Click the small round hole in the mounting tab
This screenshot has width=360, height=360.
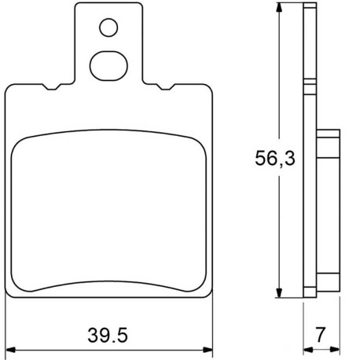[x=108, y=29]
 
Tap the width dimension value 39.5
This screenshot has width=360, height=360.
[x=108, y=336]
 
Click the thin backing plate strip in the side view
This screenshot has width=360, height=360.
[x=309, y=157]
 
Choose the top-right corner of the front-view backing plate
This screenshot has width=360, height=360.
[x=210, y=87]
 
